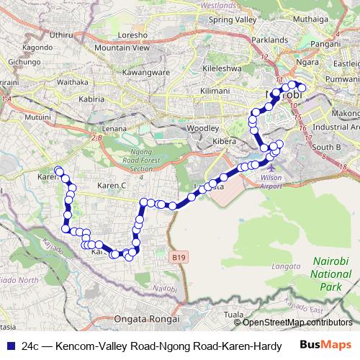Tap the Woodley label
pos(200,127)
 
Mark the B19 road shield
pos(179,256)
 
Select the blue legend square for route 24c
pos(11,346)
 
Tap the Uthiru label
pos(63,34)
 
